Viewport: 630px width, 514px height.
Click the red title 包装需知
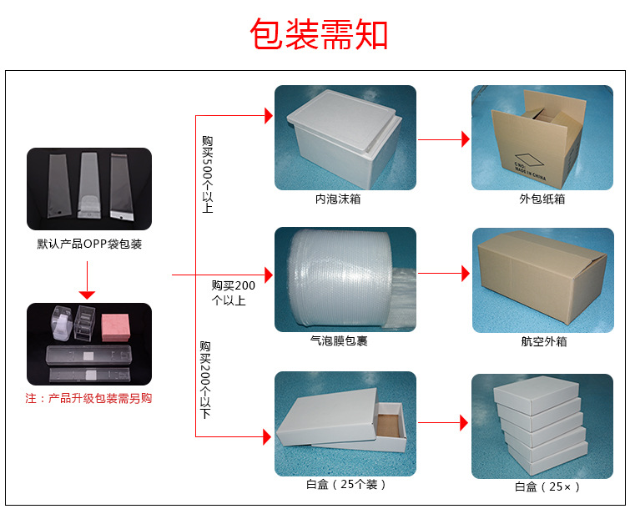click(319, 34)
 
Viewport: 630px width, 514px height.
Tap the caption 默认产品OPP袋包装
click(89, 244)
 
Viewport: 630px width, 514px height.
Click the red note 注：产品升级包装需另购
click(89, 399)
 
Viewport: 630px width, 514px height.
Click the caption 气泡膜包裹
click(345, 341)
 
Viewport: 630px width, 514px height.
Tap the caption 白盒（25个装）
click(346, 484)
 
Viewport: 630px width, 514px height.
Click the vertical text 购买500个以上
click(207, 174)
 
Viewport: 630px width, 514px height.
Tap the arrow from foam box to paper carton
click(443, 139)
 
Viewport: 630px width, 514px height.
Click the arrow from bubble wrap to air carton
click(443, 273)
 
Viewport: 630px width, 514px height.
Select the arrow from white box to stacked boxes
click(443, 423)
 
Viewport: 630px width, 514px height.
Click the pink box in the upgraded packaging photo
click(115, 326)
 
